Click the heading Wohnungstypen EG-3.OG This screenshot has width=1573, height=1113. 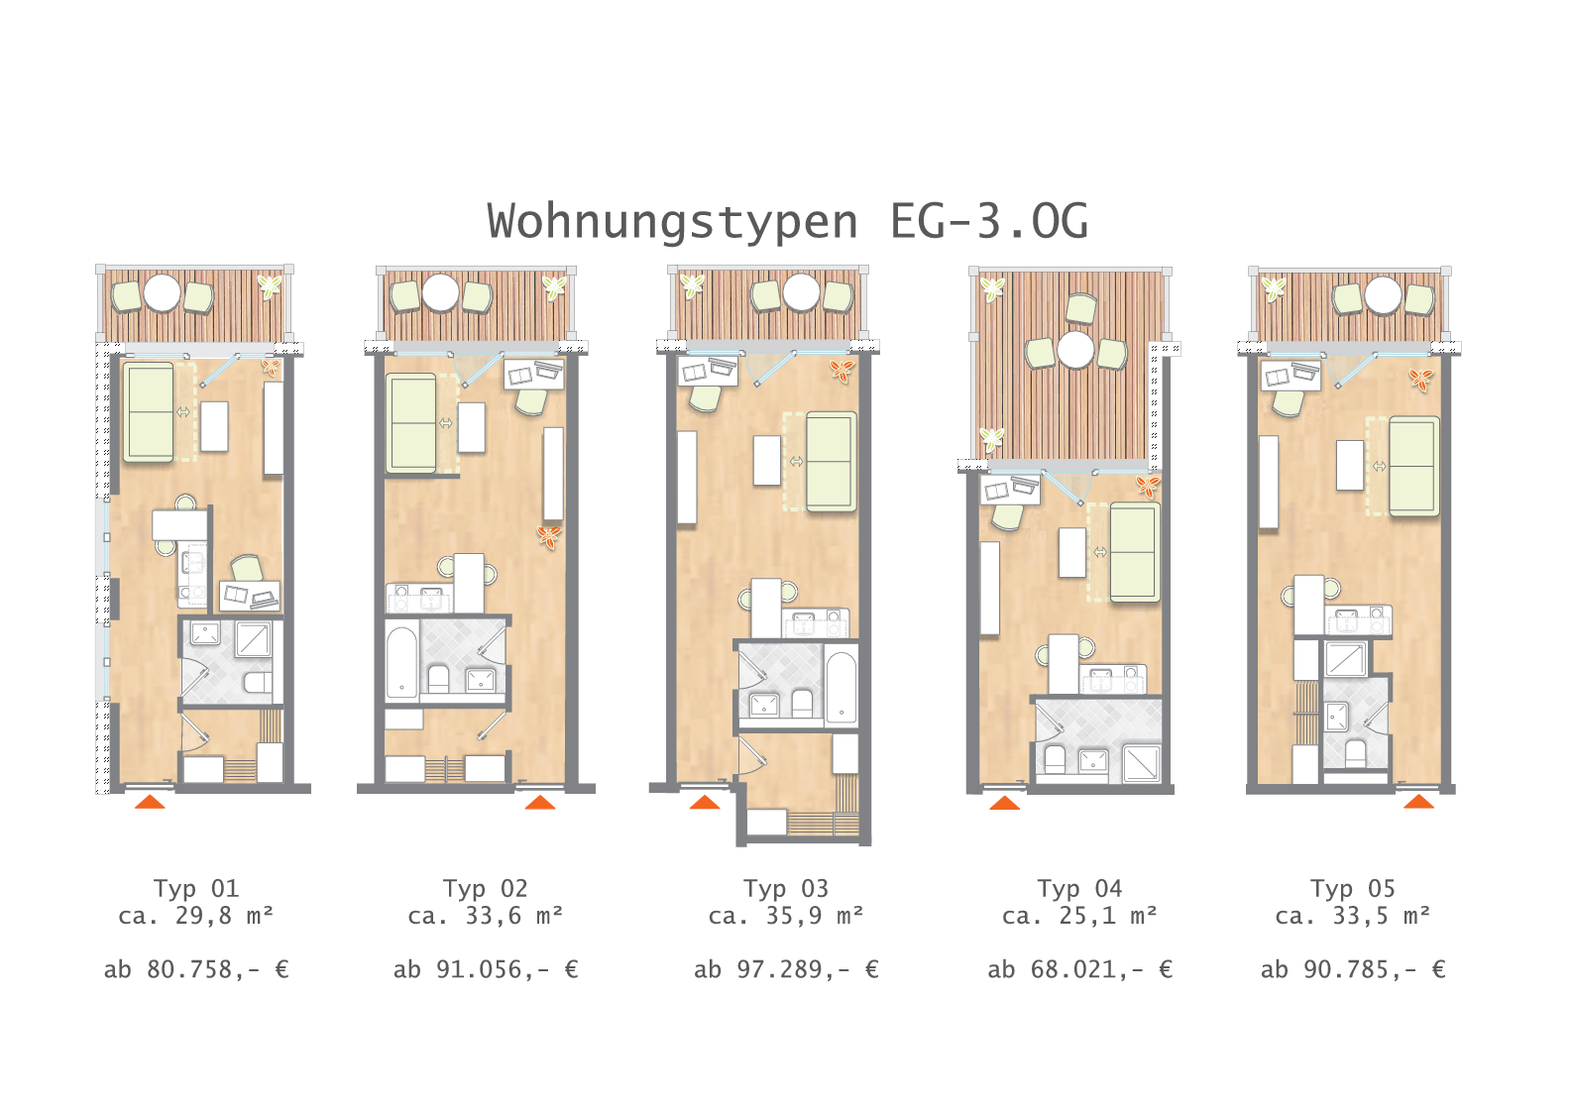(x=787, y=221)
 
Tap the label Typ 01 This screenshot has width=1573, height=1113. (x=196, y=889)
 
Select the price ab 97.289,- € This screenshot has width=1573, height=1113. (x=786, y=969)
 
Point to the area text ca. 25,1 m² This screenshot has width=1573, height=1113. (x=1079, y=916)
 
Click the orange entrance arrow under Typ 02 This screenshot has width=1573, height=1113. (x=540, y=802)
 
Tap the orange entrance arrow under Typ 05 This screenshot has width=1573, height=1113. (x=1418, y=801)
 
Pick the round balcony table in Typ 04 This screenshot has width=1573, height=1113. (x=1075, y=349)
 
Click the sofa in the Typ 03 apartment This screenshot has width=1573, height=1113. (x=831, y=461)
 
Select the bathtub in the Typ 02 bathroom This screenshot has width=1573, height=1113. (x=401, y=663)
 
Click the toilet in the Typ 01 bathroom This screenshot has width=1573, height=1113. (x=257, y=682)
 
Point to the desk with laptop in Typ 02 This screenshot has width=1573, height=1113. (x=533, y=375)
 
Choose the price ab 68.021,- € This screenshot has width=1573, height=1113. (x=1079, y=969)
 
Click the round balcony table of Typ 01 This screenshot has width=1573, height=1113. (x=163, y=292)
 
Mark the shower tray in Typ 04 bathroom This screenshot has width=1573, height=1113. (x=1141, y=763)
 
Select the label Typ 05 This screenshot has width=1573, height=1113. (x=1353, y=889)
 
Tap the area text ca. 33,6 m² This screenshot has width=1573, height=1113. (x=486, y=916)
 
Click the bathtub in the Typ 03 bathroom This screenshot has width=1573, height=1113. (x=841, y=688)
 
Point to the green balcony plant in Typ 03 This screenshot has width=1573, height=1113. (x=693, y=285)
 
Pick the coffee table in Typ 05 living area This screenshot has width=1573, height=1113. (x=1350, y=465)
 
